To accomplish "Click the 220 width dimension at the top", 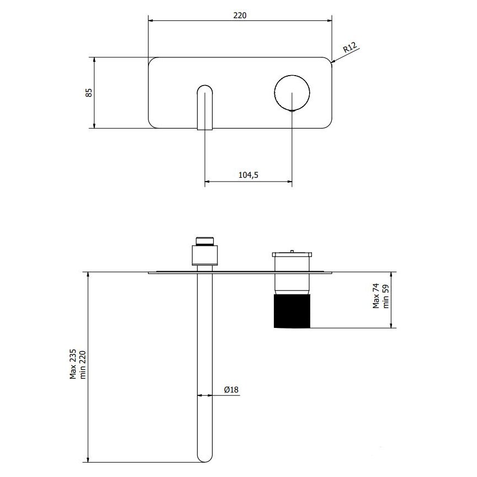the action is (x=240, y=15).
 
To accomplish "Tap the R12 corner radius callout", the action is (x=350, y=47).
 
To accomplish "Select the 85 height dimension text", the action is (x=88, y=93).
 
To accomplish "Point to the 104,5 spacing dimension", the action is (x=248, y=175).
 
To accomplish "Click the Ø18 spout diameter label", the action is (x=231, y=389).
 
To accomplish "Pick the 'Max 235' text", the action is (x=73, y=364).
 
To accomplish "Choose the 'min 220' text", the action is (x=83, y=365).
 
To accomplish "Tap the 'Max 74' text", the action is (x=376, y=296).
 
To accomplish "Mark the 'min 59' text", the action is (x=386, y=296).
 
